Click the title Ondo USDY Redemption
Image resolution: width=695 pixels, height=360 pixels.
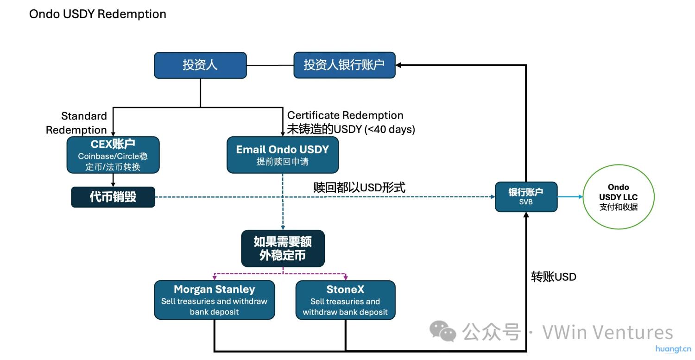pos(97,14)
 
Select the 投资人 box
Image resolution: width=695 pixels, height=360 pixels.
pos(200,65)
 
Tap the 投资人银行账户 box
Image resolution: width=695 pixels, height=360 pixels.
pos(344,65)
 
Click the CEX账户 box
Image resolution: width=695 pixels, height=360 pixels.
pos(113,155)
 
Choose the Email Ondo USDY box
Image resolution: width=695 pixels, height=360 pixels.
pos(282,155)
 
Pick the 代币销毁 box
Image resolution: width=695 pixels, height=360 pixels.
pos(113,197)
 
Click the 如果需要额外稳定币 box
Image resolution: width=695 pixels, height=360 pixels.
pos(282,248)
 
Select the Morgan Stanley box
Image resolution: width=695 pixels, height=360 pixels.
pos(214,300)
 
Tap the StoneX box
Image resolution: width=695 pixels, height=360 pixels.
pos(345,300)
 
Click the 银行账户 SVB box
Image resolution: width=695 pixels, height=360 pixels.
pos(526,197)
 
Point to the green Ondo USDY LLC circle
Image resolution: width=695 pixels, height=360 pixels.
pos(618,197)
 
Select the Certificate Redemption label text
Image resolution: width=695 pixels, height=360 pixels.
pos(345,115)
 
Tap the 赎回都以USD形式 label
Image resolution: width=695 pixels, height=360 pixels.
pos(359,188)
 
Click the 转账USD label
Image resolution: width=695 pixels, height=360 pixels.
pos(553,277)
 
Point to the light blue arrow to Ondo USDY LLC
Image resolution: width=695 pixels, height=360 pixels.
pos(570,197)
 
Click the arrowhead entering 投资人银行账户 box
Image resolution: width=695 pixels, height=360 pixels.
pos(400,65)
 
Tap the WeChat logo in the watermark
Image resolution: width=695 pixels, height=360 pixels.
pos(442,331)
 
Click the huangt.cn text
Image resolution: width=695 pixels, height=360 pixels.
pos(673,349)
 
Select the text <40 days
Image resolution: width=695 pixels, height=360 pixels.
pos(390,130)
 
